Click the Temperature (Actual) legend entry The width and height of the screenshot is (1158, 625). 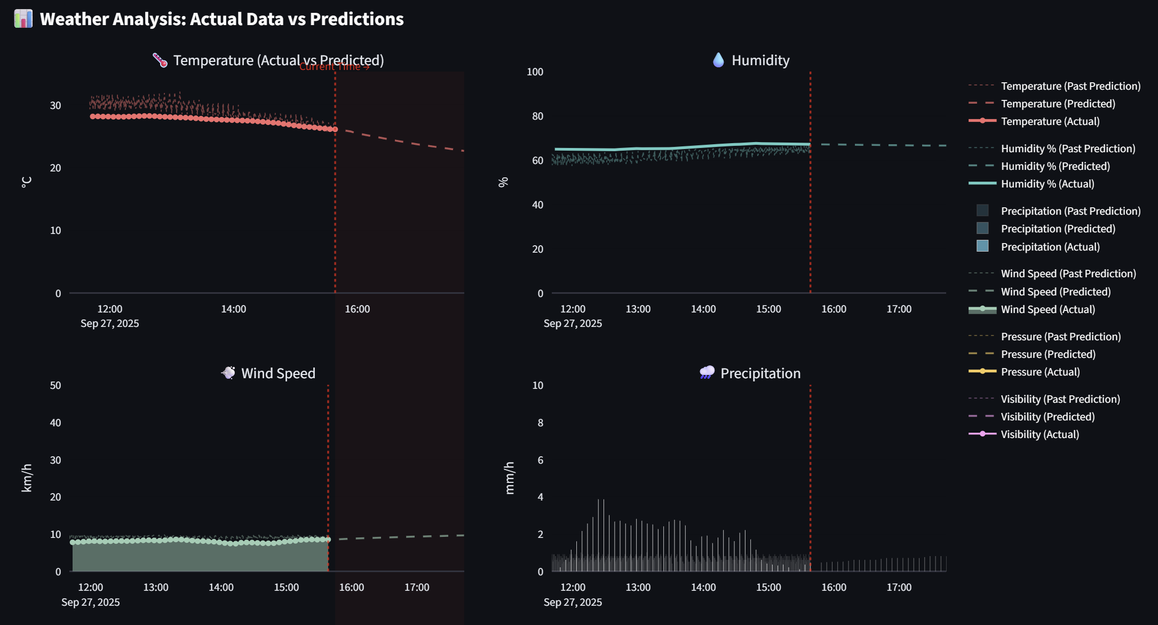pyautogui.click(x=1050, y=121)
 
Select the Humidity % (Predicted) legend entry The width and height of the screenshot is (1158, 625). pyautogui.click(x=1055, y=166)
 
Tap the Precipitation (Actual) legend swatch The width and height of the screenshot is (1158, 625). pyautogui.click(x=982, y=246)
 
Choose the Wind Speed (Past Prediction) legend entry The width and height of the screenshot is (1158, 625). pyautogui.click(x=1068, y=274)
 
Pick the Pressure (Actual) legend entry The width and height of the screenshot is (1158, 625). pyautogui.click(x=1040, y=372)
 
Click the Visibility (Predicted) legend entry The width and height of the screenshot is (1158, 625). pyautogui.click(x=1047, y=417)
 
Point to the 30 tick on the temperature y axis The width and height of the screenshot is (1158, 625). pyautogui.click(x=55, y=105)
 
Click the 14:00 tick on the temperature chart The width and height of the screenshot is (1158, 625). pyautogui.click(x=234, y=309)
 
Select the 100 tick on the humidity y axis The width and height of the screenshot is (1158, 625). pyautogui.click(x=535, y=72)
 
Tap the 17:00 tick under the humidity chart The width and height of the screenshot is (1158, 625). pyautogui.click(x=899, y=309)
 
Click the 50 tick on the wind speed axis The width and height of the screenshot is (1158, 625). pyautogui.click(x=55, y=385)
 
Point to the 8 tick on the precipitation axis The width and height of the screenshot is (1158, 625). pyautogui.click(x=540, y=423)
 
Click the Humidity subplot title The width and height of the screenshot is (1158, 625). pyautogui.click(x=760, y=60)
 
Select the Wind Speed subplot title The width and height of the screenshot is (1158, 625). pyautogui.click(x=278, y=373)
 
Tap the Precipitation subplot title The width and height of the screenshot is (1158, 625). pyautogui.click(x=760, y=373)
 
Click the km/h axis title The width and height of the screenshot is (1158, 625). pyautogui.click(x=27, y=478)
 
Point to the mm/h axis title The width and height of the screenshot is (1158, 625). pyautogui.click(x=510, y=478)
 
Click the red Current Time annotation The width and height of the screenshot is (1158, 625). pyautogui.click(x=334, y=67)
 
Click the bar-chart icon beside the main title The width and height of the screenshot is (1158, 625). pyautogui.click(x=23, y=19)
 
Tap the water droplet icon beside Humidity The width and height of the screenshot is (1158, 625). pyautogui.click(x=718, y=60)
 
